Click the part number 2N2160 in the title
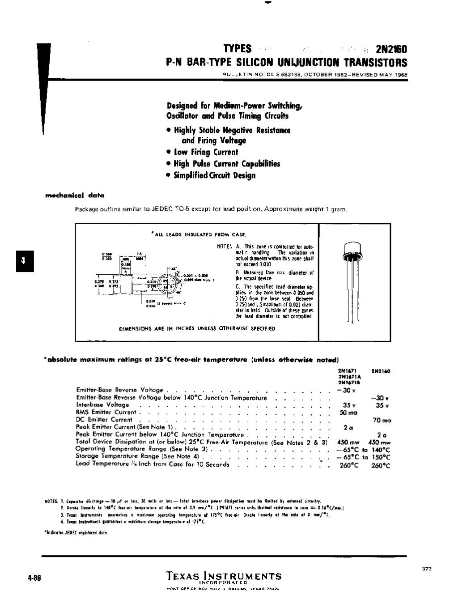pos(391,49)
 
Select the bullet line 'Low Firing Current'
pos(206,152)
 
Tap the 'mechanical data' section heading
pos(75,196)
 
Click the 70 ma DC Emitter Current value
pos(381,420)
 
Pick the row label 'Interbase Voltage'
pos(102,404)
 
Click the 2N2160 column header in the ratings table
pos(380,371)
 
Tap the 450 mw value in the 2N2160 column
pos(381,442)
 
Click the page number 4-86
pos(34,577)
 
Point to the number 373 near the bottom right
pos(426,568)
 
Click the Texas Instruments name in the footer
pos(224,576)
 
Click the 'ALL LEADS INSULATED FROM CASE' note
pos(199,234)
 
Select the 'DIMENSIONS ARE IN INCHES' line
pos(197,328)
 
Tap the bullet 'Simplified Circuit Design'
pos(210,175)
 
